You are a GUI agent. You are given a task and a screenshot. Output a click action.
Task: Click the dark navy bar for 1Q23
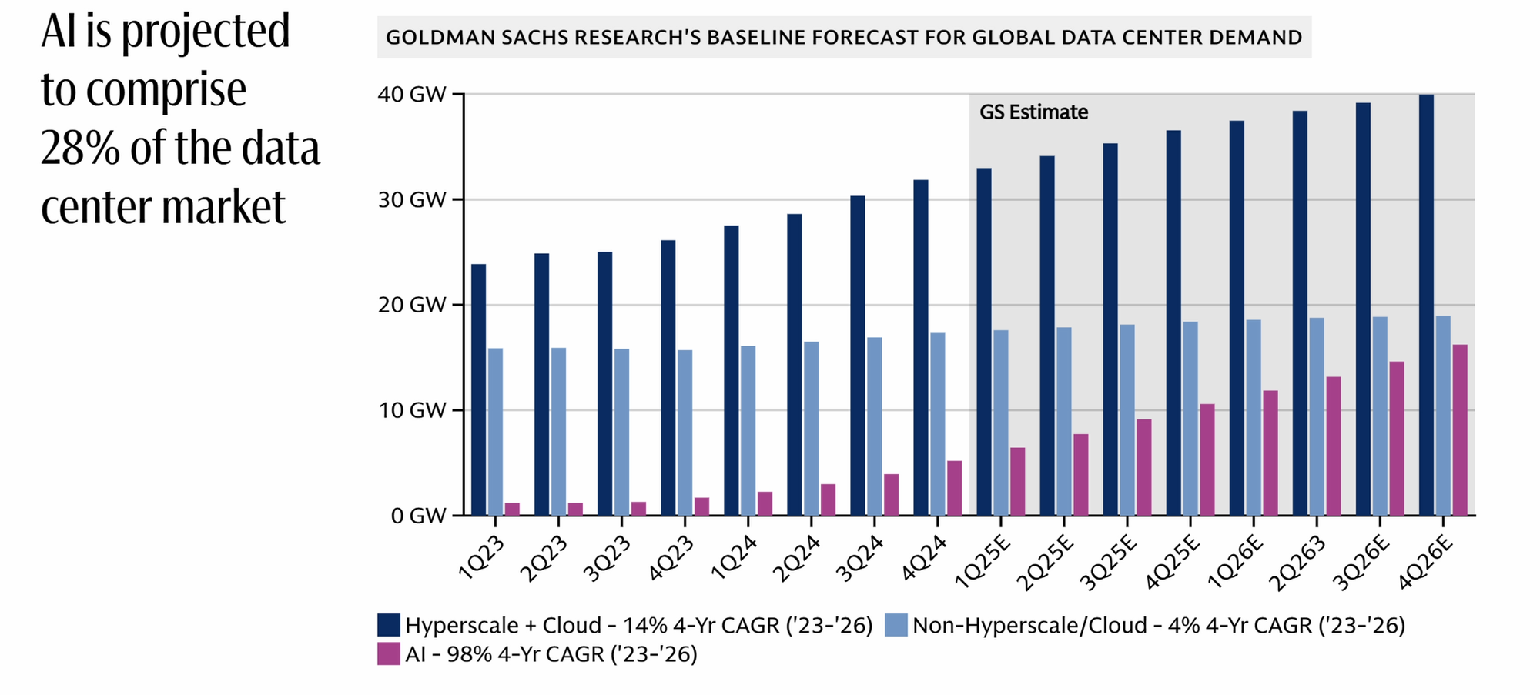pos(478,389)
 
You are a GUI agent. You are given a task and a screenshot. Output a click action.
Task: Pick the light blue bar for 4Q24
pos(937,424)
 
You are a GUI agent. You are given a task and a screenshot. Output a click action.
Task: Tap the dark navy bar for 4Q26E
pos(1426,305)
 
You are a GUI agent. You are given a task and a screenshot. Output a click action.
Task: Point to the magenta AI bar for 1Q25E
pos(1017,481)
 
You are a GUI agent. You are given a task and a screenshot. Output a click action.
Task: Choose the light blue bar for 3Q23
pos(621,432)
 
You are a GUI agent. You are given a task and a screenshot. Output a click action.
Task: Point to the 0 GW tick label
pos(418,516)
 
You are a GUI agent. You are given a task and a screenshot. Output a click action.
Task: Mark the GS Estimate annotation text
pos(1033,112)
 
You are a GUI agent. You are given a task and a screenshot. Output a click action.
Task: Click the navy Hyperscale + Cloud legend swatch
pos(389,625)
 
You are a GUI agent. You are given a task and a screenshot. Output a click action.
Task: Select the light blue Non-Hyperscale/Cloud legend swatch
pos(896,625)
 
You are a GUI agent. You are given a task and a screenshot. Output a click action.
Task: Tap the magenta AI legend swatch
pos(389,654)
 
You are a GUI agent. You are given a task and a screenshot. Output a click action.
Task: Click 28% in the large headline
pos(80,148)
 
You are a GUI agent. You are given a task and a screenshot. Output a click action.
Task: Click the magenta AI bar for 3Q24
pos(891,494)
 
